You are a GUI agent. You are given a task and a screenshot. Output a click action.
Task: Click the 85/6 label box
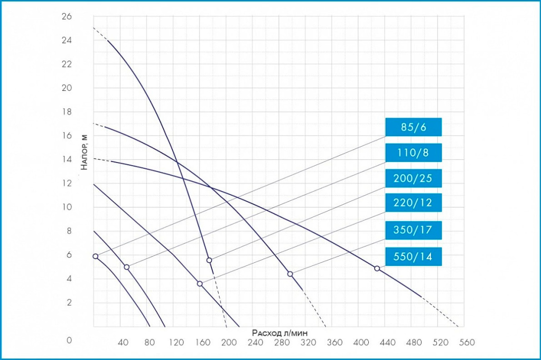[413, 127]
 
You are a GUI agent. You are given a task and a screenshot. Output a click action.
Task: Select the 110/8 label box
[413, 153]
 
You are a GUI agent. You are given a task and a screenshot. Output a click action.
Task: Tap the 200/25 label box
[413, 178]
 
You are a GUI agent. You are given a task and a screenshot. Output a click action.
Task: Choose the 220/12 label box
[413, 203]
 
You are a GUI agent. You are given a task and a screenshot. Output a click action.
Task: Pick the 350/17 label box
[413, 230]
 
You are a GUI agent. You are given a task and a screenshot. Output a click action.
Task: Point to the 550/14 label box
[413, 257]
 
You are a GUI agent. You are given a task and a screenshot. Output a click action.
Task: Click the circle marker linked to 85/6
[95, 256]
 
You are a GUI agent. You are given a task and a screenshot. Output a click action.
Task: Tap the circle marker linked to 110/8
[126, 267]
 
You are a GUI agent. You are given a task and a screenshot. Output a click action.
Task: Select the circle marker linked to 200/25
[209, 260]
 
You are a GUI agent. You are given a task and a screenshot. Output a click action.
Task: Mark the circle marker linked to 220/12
[200, 283]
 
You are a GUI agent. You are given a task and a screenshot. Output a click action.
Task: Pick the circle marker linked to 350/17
[290, 273]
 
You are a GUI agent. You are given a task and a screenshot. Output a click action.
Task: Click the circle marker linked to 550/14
[377, 268]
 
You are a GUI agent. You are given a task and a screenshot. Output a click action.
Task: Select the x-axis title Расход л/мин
[280, 333]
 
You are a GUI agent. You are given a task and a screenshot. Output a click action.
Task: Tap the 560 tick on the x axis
[467, 342]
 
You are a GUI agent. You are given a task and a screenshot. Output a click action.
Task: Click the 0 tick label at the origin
[69, 340]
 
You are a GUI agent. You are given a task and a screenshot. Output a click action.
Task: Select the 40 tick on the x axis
[123, 342]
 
